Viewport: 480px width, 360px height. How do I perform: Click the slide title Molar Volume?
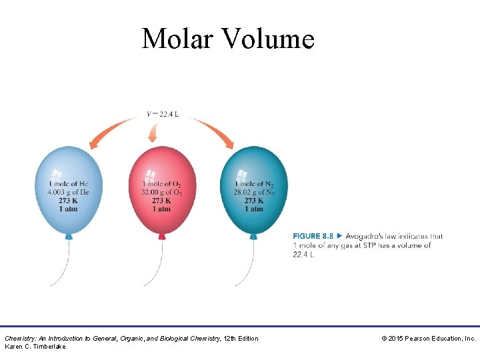click(227, 39)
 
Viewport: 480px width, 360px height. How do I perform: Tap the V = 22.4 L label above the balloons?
click(163, 114)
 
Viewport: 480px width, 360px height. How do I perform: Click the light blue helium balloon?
click(68, 167)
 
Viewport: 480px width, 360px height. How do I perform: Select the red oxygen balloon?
click(161, 167)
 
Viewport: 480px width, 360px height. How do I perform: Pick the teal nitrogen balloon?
click(254, 167)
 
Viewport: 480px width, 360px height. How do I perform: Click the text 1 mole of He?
click(68, 184)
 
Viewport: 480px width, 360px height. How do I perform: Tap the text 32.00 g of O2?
click(161, 192)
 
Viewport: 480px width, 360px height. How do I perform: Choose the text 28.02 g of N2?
click(254, 192)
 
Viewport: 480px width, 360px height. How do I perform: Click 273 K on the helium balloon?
click(68, 201)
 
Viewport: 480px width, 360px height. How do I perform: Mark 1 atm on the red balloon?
click(161, 209)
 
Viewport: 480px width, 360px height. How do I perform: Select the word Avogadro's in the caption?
click(365, 236)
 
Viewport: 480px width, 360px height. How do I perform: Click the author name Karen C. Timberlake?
click(35, 347)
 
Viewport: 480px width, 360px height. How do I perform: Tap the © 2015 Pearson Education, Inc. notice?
click(428, 339)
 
